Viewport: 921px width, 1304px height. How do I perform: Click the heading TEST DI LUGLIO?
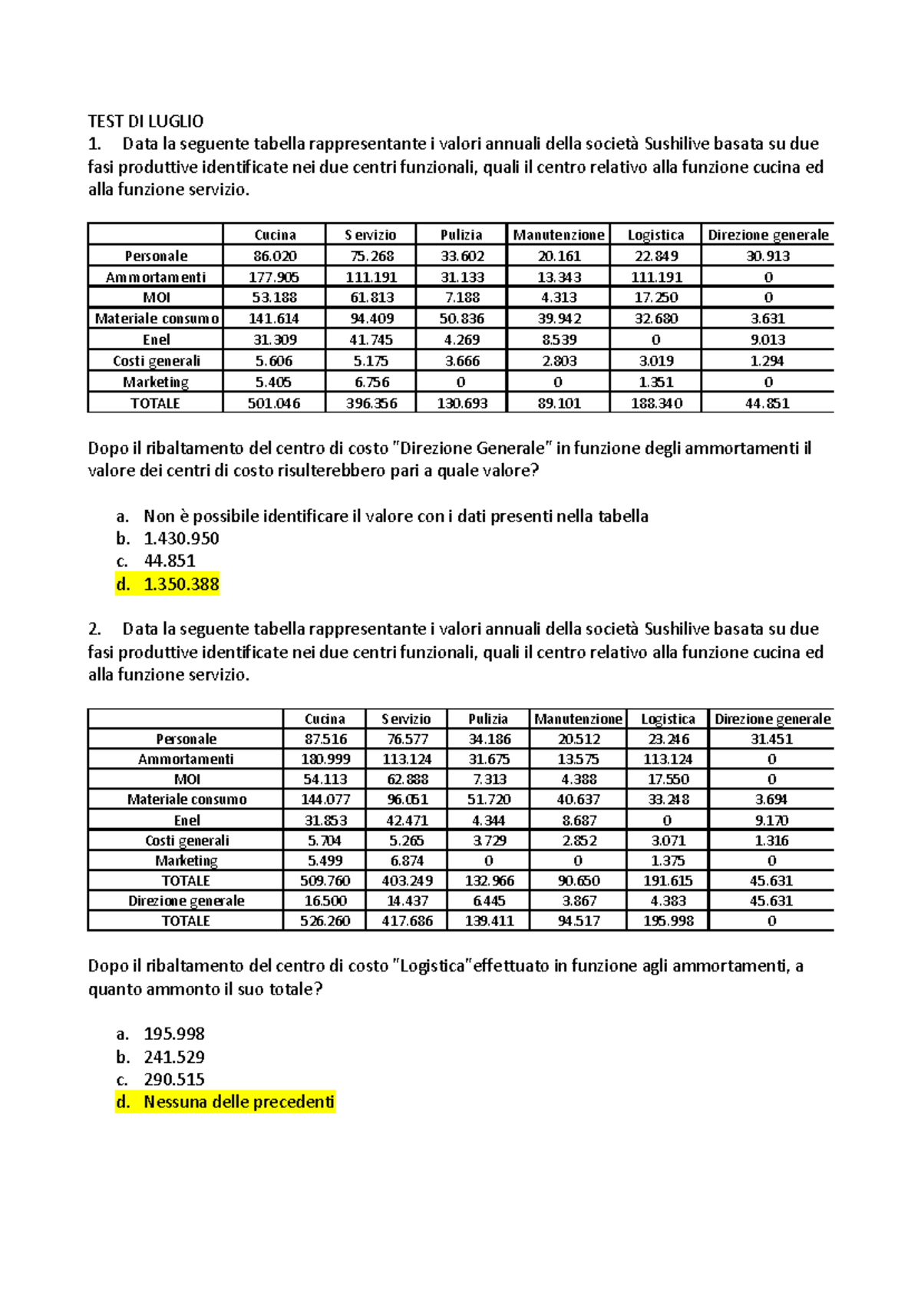[x=146, y=121]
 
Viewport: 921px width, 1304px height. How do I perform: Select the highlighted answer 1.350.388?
[x=181, y=584]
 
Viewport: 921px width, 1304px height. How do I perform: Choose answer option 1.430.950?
[x=181, y=538]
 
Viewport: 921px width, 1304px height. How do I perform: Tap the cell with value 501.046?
[x=274, y=403]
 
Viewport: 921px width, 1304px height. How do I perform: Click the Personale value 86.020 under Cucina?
[x=274, y=256]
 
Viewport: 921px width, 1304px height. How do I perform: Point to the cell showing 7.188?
[x=461, y=297]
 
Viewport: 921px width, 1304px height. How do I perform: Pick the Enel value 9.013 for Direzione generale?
[x=767, y=339]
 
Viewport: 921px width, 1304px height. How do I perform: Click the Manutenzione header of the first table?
[x=558, y=235]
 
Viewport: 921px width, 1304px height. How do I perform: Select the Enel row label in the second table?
[x=187, y=820]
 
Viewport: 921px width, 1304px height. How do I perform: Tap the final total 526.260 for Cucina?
[x=325, y=921]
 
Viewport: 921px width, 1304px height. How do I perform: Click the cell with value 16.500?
[x=325, y=901]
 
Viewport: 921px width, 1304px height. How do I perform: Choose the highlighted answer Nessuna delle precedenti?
[x=239, y=1102]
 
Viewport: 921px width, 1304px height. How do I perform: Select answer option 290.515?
[x=174, y=1079]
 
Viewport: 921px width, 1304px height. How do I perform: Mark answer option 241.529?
[x=174, y=1057]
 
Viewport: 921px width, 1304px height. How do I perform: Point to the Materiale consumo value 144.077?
[x=325, y=799]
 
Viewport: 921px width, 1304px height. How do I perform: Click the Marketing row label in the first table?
[x=156, y=382]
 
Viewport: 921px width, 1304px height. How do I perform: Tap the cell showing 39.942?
[x=558, y=319]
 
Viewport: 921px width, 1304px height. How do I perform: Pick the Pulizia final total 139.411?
[x=489, y=921]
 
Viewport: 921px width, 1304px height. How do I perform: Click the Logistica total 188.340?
[x=655, y=403]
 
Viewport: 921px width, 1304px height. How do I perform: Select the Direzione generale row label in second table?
[x=187, y=901]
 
